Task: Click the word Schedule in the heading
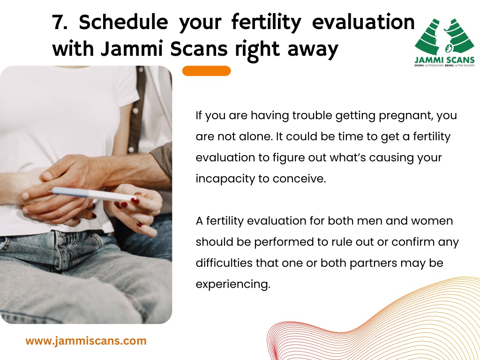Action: point(123,22)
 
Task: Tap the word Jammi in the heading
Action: point(131,49)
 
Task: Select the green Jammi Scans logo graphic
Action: point(444,36)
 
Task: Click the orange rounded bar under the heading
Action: point(206,71)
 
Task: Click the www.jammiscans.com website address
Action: point(86,341)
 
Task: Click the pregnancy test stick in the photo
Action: point(93,195)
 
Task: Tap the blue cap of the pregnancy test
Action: point(70,192)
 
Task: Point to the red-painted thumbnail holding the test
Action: point(135,201)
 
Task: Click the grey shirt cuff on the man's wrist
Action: point(162,160)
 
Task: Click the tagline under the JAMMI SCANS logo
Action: point(444,65)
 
